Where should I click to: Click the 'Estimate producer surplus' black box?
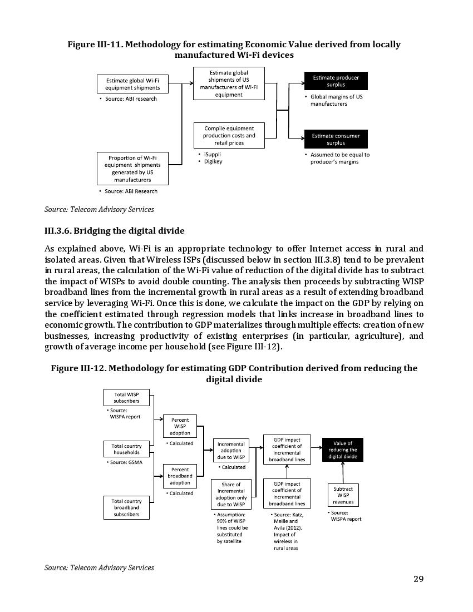336,81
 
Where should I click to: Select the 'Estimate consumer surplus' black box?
336,139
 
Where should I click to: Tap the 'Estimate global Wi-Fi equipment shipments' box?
132,84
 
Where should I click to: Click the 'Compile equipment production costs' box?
229,136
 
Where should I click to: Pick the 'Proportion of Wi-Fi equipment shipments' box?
132,169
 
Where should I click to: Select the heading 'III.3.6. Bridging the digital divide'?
114,230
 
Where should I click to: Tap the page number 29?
418,579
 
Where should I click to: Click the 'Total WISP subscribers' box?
126,397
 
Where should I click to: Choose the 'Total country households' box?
126,449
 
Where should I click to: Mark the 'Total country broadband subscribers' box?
126,507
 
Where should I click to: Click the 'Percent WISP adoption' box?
180,426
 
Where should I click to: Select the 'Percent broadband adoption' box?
180,476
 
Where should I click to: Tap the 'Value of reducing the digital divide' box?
342,450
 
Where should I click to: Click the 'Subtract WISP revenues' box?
343,495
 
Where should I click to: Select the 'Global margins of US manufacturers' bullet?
336,100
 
